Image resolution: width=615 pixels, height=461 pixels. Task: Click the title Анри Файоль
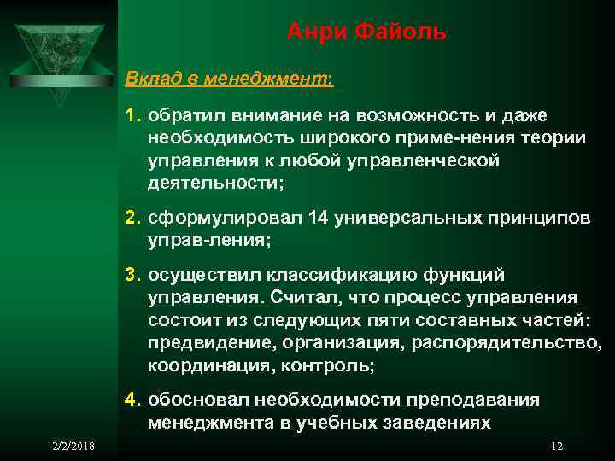(x=366, y=33)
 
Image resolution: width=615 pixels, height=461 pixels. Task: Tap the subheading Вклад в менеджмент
(x=229, y=79)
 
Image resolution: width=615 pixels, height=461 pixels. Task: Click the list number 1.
(x=132, y=114)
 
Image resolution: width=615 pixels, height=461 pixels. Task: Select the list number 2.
(x=132, y=218)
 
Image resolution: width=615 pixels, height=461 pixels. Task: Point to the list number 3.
(x=132, y=275)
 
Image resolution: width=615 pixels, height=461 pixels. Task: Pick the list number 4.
(x=132, y=399)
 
